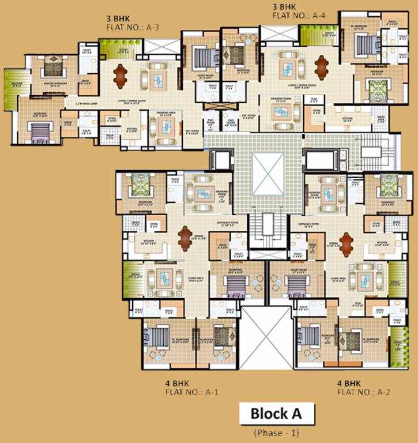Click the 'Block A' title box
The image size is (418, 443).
(x=276, y=414)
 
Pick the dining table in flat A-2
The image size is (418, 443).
(x=346, y=240)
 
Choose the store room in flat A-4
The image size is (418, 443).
(x=317, y=111)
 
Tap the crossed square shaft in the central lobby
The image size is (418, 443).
(x=268, y=173)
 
